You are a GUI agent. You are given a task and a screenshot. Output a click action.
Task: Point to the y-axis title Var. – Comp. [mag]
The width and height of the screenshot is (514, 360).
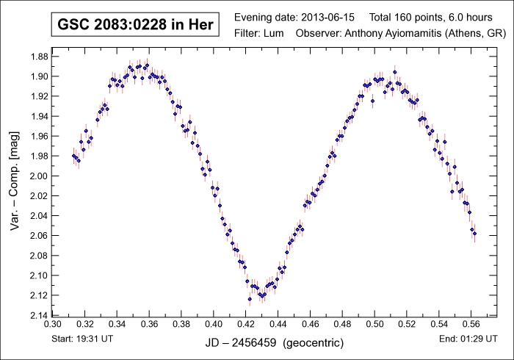click(15, 176)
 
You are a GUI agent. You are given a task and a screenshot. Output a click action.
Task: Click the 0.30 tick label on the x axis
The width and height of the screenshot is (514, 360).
click(53, 323)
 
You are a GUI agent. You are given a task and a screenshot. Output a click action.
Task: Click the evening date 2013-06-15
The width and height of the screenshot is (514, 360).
click(327, 17)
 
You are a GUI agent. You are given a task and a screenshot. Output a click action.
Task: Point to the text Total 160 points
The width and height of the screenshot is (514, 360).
click(405, 17)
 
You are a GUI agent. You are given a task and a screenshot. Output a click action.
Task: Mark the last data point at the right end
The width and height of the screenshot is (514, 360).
click(474, 234)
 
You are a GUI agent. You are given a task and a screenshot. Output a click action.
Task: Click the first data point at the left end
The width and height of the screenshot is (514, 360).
click(73, 156)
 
